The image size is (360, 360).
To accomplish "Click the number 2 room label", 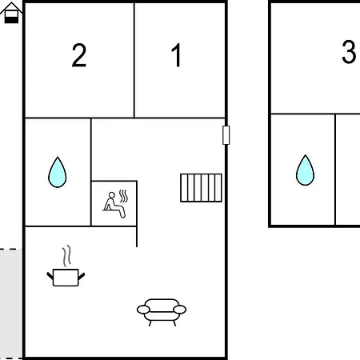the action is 79,55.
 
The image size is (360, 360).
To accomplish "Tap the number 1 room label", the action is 177,55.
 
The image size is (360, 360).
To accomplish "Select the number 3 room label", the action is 349,52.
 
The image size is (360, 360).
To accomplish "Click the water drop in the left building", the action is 58,172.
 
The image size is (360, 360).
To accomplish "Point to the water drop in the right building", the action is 305,170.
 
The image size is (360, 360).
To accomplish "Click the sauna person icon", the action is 114,205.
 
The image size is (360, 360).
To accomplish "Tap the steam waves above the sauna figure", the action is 123,196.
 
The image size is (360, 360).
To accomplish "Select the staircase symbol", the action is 201,188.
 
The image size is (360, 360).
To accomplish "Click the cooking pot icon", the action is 66,278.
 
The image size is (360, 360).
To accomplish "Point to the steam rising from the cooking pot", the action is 67,256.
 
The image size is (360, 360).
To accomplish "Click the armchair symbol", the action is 162,312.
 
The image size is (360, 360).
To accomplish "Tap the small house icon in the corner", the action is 11,13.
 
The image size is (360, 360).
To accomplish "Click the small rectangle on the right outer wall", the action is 226,135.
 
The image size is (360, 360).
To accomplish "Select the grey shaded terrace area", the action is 11,304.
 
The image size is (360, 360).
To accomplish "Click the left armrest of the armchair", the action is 143,310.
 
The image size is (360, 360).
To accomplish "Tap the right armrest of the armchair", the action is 180,310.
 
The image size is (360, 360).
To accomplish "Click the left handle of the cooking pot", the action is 50,276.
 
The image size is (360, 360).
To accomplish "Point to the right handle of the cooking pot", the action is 82,276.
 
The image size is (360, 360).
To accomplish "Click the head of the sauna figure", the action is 112,195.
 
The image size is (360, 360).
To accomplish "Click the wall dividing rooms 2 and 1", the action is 134,60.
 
